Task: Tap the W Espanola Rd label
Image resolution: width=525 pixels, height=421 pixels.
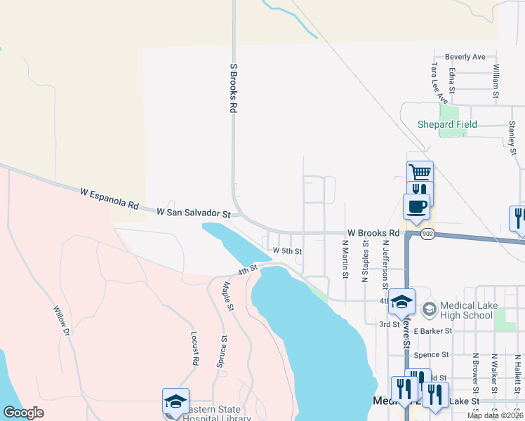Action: coord(109,198)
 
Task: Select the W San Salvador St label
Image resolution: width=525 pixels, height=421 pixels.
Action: coord(193,211)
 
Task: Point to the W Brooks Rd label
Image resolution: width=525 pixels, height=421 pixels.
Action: coord(378,232)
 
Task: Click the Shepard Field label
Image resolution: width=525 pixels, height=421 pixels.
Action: coord(447,124)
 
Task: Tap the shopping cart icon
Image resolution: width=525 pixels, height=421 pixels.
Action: coord(420,172)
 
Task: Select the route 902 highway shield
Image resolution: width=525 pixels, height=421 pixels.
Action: coord(427,233)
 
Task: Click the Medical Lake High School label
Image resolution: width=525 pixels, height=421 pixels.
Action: coord(466,311)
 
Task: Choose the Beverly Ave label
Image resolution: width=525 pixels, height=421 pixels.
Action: coord(466,57)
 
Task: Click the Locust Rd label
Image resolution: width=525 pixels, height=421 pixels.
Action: coord(194,349)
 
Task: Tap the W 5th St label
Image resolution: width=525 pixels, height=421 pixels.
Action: coord(287,250)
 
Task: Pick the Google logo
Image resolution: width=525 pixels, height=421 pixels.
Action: coord(23,413)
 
